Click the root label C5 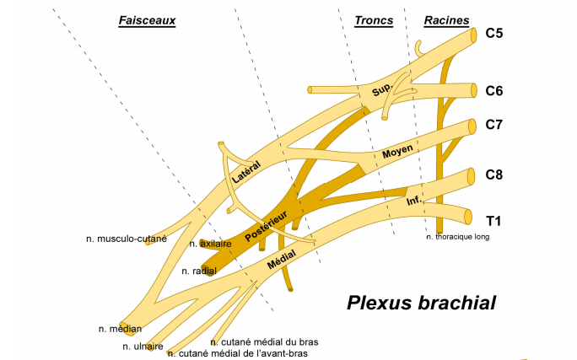[495, 35]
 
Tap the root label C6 [495, 90]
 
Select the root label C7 [495, 126]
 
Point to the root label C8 [495, 175]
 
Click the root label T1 [494, 221]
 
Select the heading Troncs [374, 19]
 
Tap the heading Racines [447, 19]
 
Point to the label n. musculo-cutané [127, 239]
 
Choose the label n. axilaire [210, 244]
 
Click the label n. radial [199, 271]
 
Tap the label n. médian [120, 329]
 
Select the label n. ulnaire [143, 346]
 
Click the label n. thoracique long [458, 237]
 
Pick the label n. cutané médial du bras [265, 342]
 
